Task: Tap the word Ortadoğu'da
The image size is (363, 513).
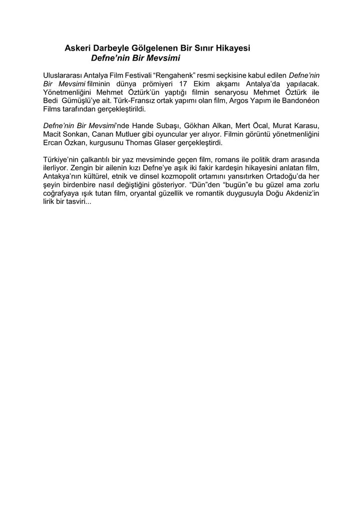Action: pyautogui.click(x=286, y=177)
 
